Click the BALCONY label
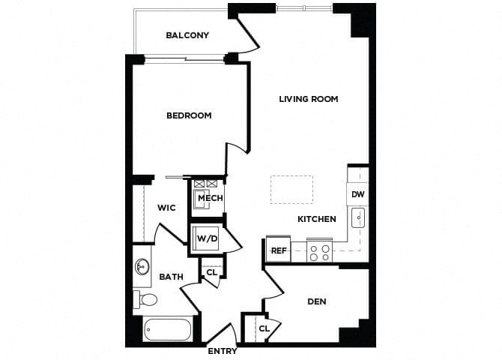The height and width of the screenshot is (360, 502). (x=187, y=35)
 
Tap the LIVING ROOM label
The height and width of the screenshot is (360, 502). (x=309, y=99)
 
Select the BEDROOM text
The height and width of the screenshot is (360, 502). (x=189, y=115)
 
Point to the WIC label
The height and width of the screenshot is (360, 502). (x=166, y=208)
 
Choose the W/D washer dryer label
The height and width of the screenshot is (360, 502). (x=207, y=238)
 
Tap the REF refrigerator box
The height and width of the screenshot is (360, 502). (x=279, y=250)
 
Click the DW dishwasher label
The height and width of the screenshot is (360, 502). (x=357, y=194)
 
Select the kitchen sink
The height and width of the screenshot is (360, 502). (x=358, y=219)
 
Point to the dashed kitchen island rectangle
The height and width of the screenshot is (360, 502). (x=291, y=190)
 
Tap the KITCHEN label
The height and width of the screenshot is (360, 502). (x=317, y=219)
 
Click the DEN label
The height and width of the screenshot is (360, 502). (x=317, y=301)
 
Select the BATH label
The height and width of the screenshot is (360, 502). (x=171, y=277)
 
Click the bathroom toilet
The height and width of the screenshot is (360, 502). (x=146, y=300)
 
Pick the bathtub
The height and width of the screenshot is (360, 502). (x=167, y=330)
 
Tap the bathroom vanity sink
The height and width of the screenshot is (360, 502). (x=142, y=267)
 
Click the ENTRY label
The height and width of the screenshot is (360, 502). (x=223, y=351)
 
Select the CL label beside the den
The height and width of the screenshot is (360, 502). (x=264, y=328)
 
